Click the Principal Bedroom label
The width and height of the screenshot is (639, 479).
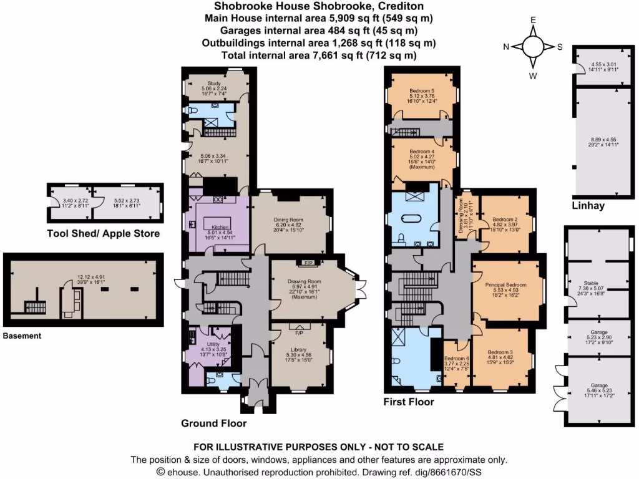point(506,285)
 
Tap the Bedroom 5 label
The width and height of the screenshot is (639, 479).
point(423,90)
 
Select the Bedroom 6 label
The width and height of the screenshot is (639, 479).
point(456,359)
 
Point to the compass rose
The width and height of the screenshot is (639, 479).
point(534,47)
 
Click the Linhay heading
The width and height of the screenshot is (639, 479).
point(587,205)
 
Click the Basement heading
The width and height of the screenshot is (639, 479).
point(22,336)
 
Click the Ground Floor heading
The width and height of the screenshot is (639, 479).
point(213,423)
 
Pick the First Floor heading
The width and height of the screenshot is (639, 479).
point(409,402)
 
